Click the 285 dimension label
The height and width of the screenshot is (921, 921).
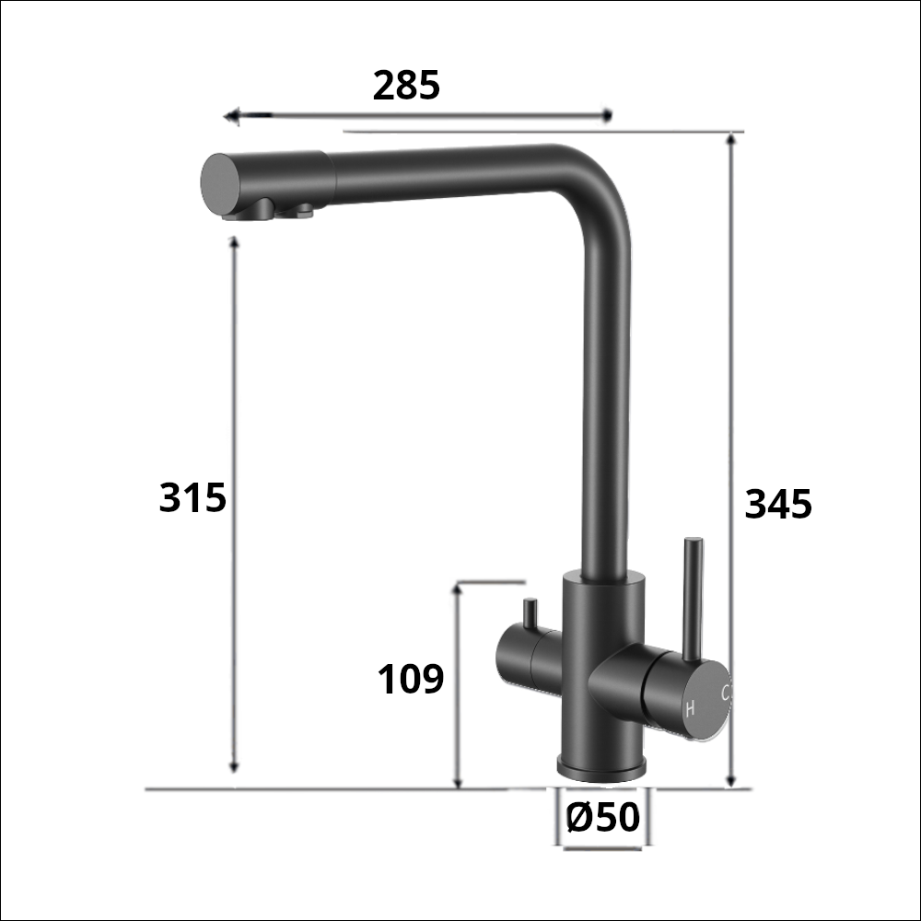(x=406, y=86)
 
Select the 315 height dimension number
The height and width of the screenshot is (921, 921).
(x=192, y=498)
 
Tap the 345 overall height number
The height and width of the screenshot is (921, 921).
(x=778, y=505)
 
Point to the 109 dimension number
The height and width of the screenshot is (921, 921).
(x=411, y=680)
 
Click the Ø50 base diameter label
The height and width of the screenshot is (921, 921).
(x=602, y=817)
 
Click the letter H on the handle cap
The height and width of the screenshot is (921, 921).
(x=689, y=709)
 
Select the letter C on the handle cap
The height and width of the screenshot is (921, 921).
(x=726, y=692)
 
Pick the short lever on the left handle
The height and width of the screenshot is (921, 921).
(x=530, y=614)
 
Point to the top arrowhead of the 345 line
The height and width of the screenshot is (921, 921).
(x=732, y=139)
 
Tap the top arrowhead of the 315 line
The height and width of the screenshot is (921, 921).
(x=234, y=241)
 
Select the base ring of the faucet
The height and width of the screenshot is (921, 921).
(x=602, y=765)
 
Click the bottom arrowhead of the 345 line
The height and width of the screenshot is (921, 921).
(x=732, y=782)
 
